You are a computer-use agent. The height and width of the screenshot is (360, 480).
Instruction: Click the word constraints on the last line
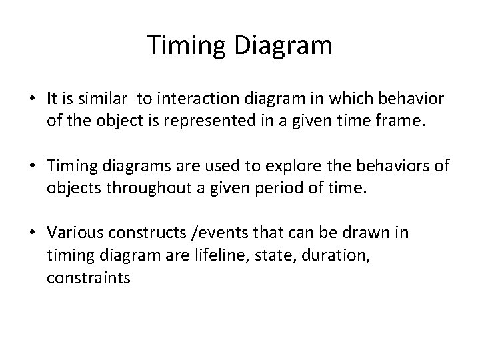coord(89,278)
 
